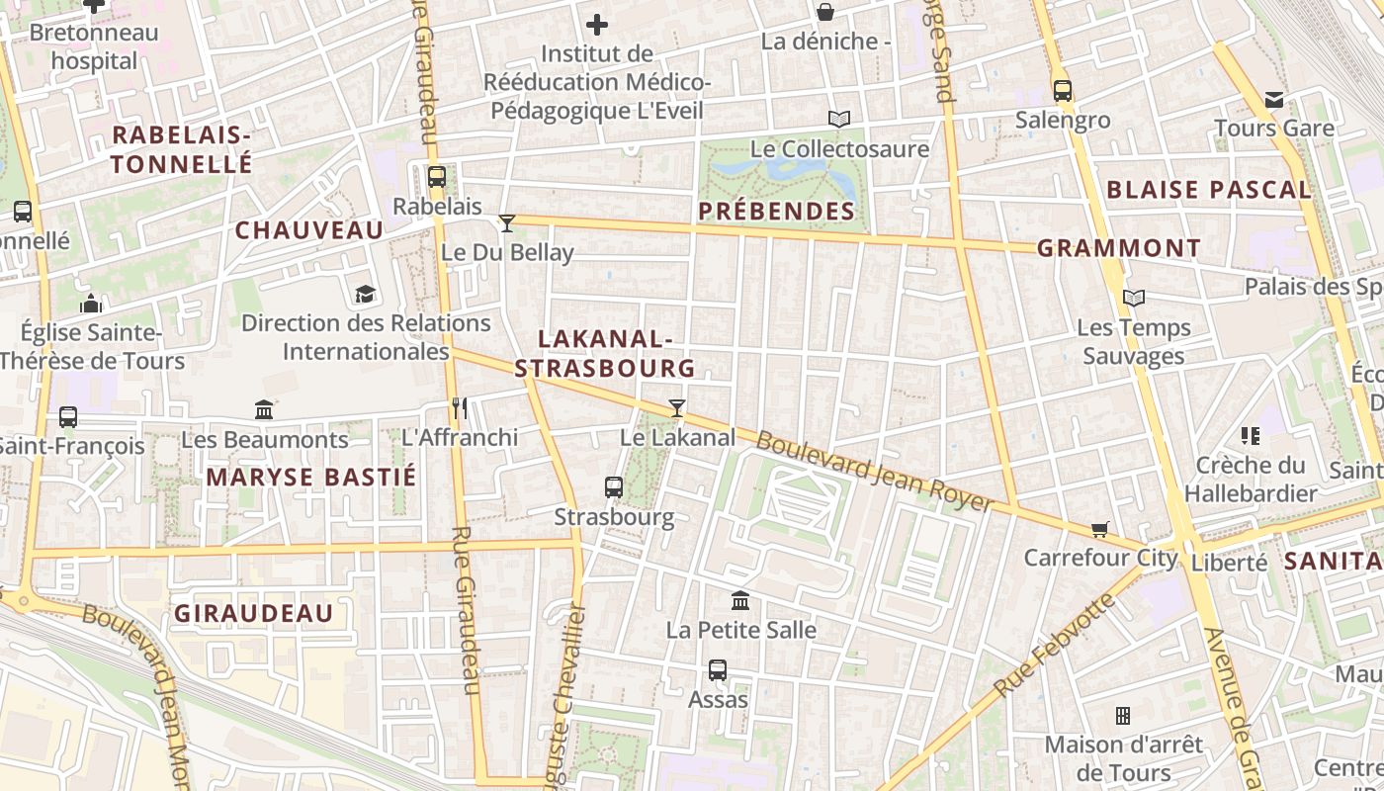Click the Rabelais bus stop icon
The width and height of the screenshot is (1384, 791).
[436, 177]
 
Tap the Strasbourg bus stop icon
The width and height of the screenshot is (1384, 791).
[614, 486]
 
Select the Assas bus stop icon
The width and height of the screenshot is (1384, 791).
[718, 669]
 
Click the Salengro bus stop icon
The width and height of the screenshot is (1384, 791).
[1063, 91]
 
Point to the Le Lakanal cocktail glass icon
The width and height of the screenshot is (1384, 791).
[677, 407]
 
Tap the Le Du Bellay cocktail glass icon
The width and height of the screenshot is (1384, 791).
[507, 222]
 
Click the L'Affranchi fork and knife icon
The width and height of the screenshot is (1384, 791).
[459, 407]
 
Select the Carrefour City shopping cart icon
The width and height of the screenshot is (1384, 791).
[1100, 529]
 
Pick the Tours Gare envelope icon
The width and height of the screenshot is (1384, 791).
[1274, 99]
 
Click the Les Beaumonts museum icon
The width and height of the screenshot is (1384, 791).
[264, 409]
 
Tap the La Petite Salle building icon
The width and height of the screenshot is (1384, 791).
[740, 600]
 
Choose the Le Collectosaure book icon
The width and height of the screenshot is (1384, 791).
[839, 120]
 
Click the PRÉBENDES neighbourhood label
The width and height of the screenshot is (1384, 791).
[776, 211]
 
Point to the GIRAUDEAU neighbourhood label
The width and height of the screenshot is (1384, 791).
[254, 614]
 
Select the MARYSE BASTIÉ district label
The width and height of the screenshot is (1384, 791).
[311, 478]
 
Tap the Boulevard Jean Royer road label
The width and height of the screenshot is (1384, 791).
[874, 471]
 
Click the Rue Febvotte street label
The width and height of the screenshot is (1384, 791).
[1054, 646]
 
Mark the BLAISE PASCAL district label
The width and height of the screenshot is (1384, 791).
[1208, 190]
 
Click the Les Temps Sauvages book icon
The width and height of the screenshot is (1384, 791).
[1134, 298]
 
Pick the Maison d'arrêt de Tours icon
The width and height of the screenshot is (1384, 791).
[1123, 715]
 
